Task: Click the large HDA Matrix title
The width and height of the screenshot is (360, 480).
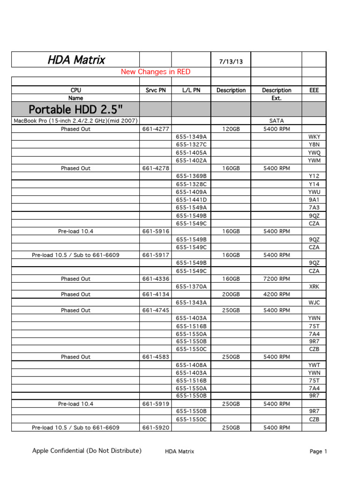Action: [x=76, y=60]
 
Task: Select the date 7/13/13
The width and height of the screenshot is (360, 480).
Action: [x=231, y=61]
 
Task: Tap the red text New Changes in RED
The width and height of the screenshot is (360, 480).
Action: [x=156, y=72]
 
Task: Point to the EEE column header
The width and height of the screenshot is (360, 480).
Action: [x=314, y=90]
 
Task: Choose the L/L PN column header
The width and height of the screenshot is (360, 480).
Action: [x=191, y=90]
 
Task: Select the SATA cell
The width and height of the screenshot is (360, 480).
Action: [x=277, y=121]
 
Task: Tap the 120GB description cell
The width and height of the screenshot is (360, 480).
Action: [x=231, y=129]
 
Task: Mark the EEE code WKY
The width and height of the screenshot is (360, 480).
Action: [x=314, y=137]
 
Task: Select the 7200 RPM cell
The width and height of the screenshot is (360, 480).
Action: [x=277, y=279]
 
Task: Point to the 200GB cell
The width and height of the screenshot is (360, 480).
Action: [x=231, y=294]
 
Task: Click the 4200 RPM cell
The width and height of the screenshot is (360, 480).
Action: [x=277, y=294]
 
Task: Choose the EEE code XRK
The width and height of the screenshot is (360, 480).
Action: [x=314, y=286]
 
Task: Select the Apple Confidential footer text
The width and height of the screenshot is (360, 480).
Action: [x=87, y=451]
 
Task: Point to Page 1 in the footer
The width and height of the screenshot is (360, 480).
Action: [x=318, y=451]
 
